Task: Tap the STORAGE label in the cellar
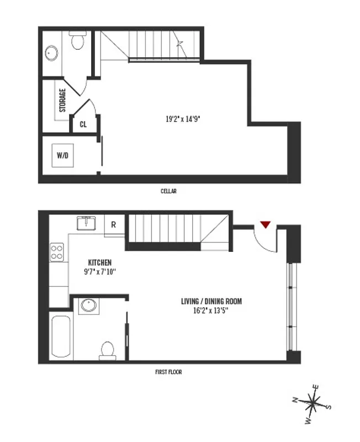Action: pyautogui.click(x=63, y=101)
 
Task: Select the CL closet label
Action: pyautogui.click(x=83, y=124)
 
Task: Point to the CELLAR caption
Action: pyautogui.click(x=168, y=191)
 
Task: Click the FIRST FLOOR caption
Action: pyautogui.click(x=168, y=372)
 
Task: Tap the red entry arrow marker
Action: pyautogui.click(x=266, y=224)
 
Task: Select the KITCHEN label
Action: pyautogui.click(x=100, y=262)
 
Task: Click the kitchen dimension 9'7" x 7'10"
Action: pyautogui.click(x=100, y=271)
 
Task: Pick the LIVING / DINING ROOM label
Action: pyautogui.click(x=211, y=302)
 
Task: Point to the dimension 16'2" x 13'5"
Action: pyautogui.click(x=211, y=311)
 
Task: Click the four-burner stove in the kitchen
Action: pyautogui.click(x=57, y=252)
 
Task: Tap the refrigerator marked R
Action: pyautogui.click(x=114, y=225)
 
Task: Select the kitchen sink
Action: pyautogui.click(x=87, y=223)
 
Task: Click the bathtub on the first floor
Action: pyautogui.click(x=61, y=336)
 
